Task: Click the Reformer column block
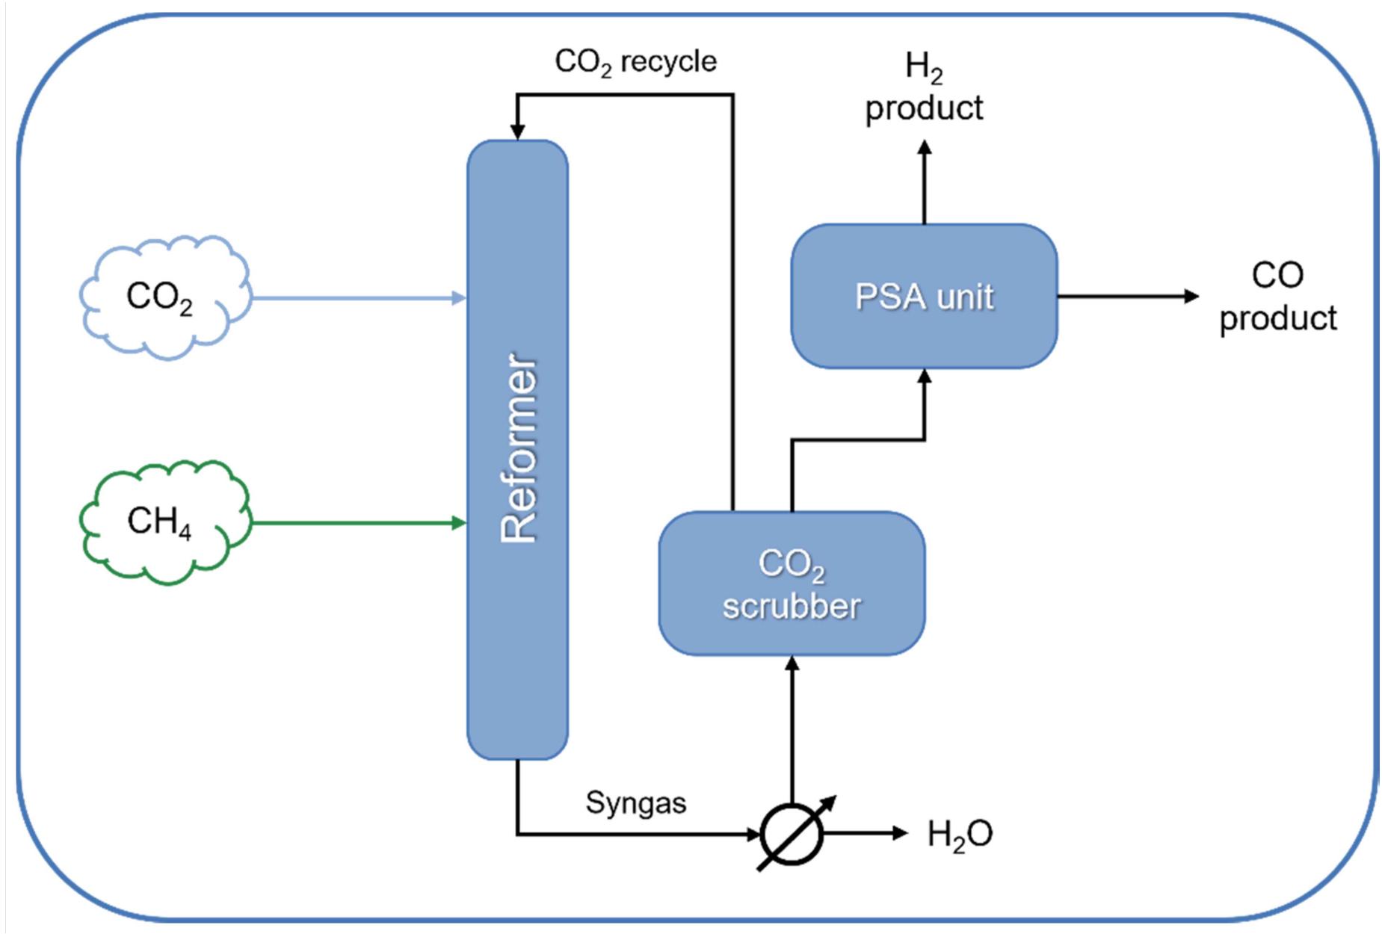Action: [x=517, y=448]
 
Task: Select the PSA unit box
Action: [x=924, y=296]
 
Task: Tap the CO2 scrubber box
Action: [x=792, y=584]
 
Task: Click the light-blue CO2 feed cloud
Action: [x=164, y=297]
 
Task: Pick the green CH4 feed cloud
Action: [x=164, y=522]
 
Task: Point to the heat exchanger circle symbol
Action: [x=792, y=834]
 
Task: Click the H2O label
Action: [x=960, y=834]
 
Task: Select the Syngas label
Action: [x=635, y=802]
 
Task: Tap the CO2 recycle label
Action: [x=635, y=61]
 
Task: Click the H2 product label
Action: [x=924, y=87]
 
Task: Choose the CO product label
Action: [x=1277, y=297]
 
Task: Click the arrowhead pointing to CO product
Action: [x=1191, y=297]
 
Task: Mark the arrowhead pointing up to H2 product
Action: [x=925, y=147]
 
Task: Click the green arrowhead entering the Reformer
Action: [x=460, y=522]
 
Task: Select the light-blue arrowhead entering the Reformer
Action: [x=460, y=298]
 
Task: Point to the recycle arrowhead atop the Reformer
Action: [x=517, y=132]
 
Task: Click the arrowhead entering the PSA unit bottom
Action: [x=925, y=377]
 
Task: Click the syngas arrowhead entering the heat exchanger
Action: [x=754, y=833]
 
